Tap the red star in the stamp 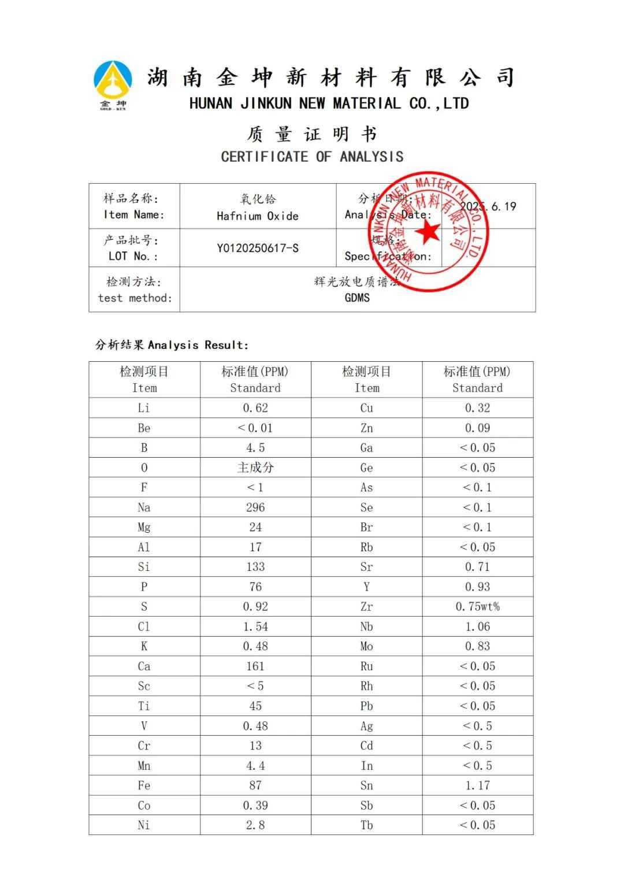tap(429, 232)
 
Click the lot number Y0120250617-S tap(258, 248)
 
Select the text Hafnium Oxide tap(258, 216)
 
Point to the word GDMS tap(357, 298)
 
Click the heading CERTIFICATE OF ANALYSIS tap(312, 157)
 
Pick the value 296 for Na tap(255, 507)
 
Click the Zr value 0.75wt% tap(477, 607)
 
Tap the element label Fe tap(144, 785)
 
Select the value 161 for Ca tap(255, 666)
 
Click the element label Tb tap(366, 825)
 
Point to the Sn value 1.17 tap(477, 785)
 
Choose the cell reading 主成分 tap(255, 468)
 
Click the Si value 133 tap(255, 567)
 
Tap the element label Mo tap(366, 646)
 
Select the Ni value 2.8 tap(255, 825)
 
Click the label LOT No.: tap(133, 256)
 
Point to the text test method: tap(135, 298)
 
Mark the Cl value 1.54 tap(255, 626)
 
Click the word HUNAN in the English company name tap(211, 104)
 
